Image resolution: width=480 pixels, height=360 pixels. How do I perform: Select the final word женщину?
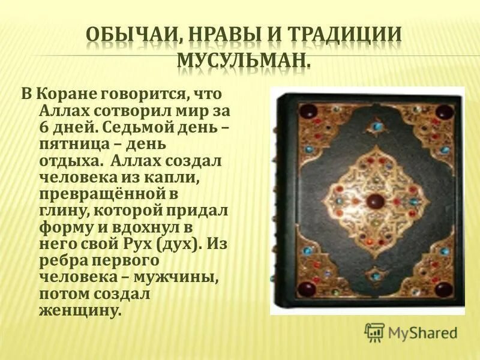tap(80, 311)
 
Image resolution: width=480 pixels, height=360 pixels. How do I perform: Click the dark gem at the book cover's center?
tap(374, 200)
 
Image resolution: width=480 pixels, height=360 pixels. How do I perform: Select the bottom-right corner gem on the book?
tap(443, 289)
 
